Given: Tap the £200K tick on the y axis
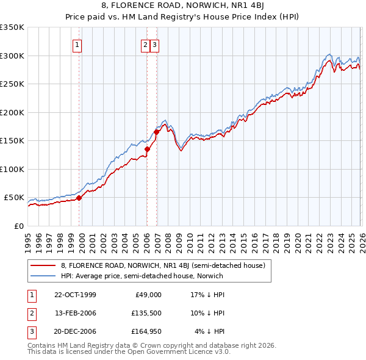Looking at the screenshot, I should (12, 112).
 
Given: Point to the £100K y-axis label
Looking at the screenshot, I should (12, 169).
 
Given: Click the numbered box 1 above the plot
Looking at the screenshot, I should (78, 45).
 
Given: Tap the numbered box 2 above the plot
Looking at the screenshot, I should (146, 45).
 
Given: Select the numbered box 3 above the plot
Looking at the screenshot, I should (154, 45).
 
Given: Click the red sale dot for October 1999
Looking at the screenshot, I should (79, 198).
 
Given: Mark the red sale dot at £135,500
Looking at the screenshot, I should (147, 148).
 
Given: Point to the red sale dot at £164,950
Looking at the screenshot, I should (157, 132).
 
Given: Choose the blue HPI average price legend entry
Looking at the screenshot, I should (142, 276).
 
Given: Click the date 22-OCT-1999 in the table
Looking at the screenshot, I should (75, 294).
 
